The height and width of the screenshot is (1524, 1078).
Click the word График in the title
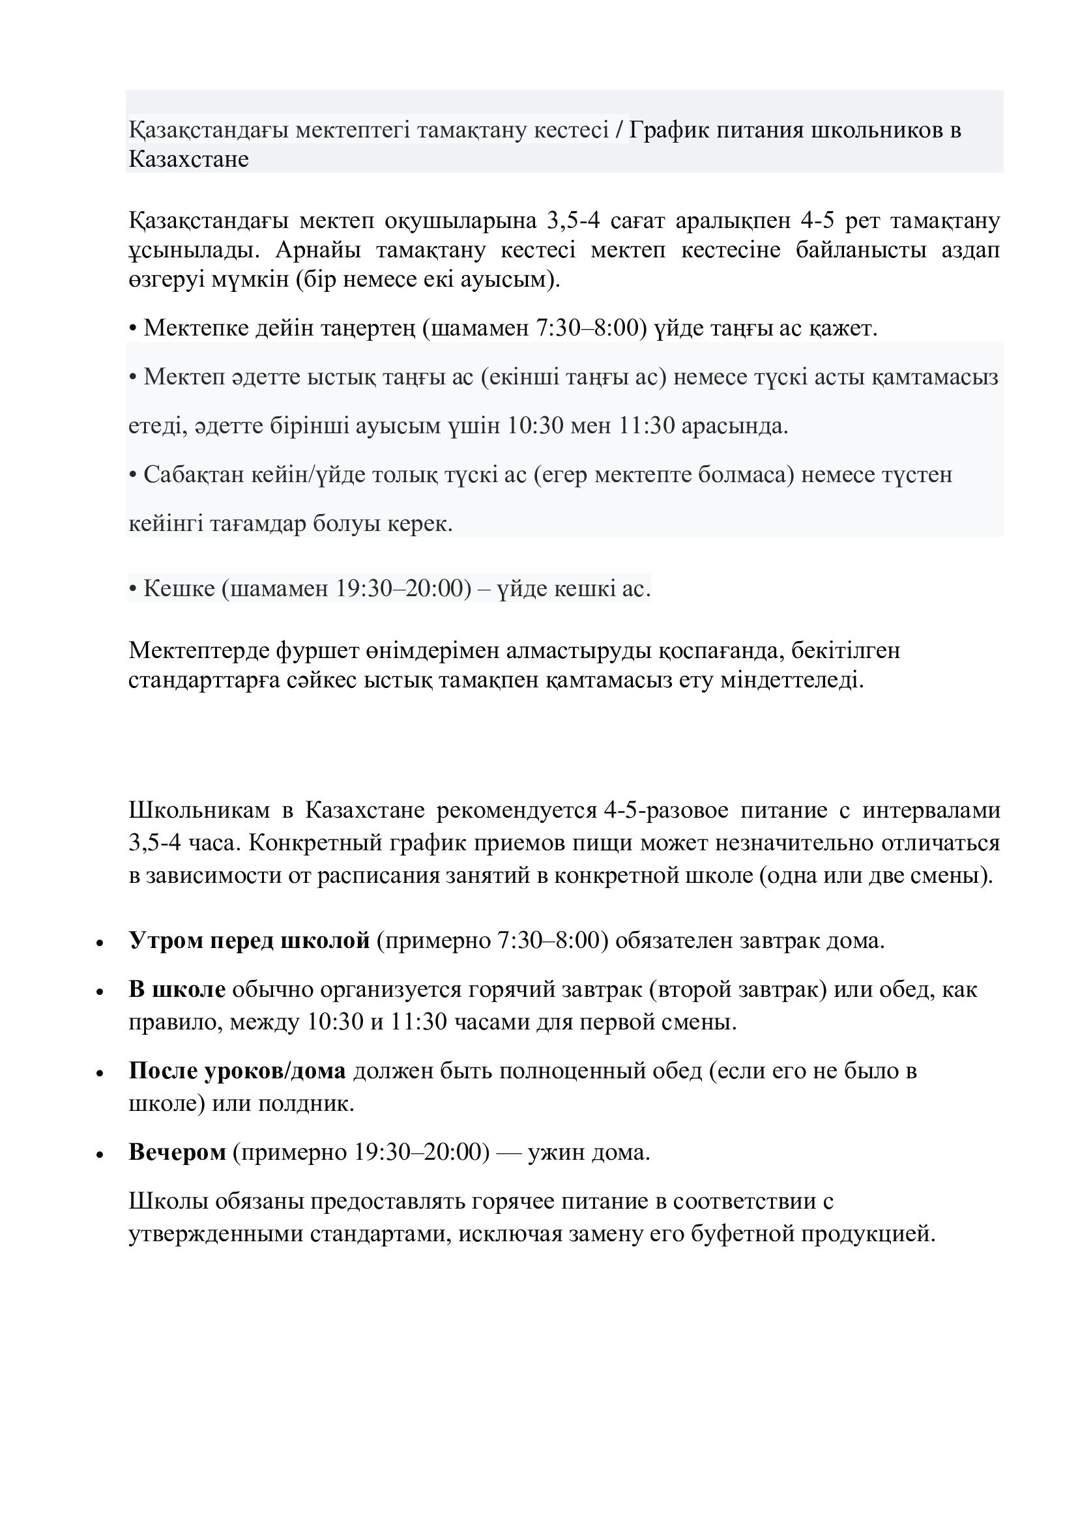(668, 130)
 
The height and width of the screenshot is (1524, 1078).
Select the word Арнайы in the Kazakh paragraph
(317, 250)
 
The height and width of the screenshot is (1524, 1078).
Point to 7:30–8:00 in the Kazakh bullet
(589, 328)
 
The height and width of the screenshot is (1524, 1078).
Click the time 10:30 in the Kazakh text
(535, 425)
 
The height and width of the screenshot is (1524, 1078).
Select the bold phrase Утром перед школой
(249, 940)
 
